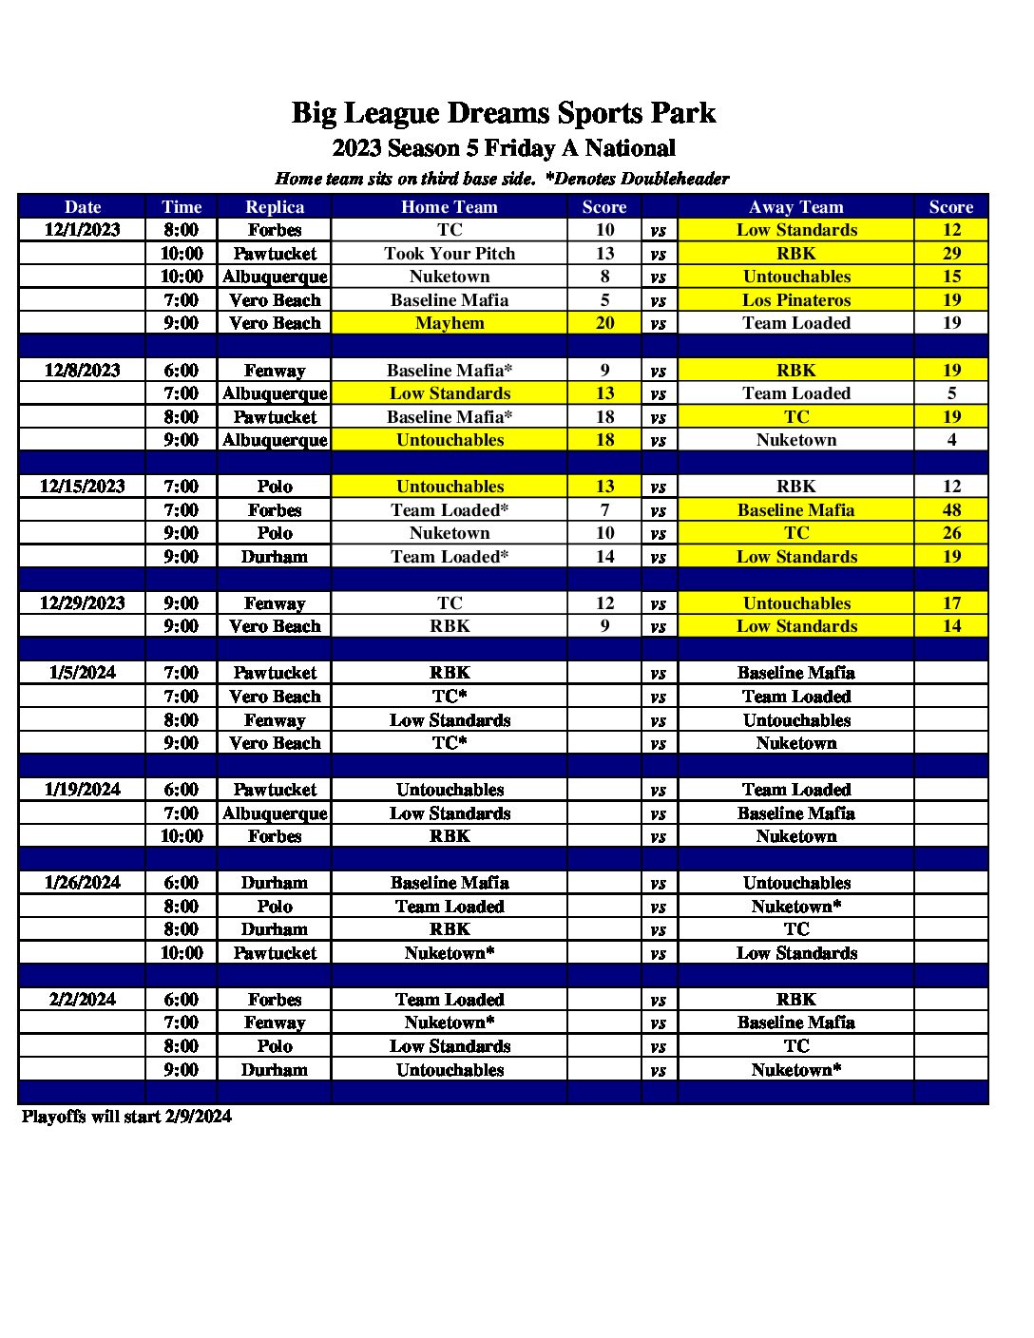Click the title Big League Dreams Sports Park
[503, 113]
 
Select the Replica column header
[275, 207]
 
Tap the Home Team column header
[450, 207]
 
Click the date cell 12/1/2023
[83, 230]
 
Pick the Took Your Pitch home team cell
[450, 254]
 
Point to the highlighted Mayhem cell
[450, 323]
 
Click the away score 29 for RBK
[951, 254]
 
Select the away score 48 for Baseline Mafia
[951, 510]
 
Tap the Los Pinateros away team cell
[796, 300]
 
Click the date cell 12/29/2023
[83, 603]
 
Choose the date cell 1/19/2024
[83, 790]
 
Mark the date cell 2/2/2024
[83, 1000]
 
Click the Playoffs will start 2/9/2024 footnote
[126, 1117]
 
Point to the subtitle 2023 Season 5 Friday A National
[504, 148]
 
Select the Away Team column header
[796, 207]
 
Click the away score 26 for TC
[951, 533]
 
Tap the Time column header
[182, 207]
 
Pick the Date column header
[83, 207]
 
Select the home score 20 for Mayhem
[604, 323]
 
